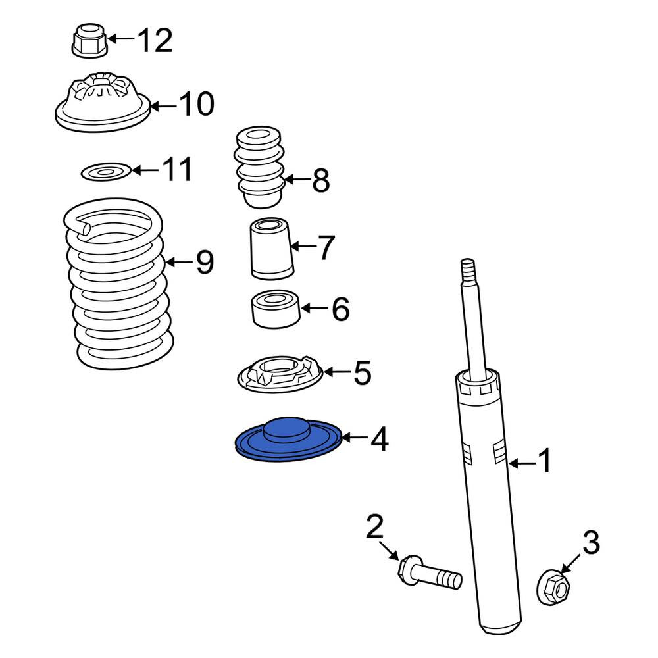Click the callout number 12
pos(155,40)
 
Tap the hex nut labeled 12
pos(89,40)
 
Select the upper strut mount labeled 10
pos(103,102)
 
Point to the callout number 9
pos(205,262)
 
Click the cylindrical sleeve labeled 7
pos(272,249)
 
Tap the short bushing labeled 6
pos(275,309)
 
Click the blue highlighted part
pos(288,440)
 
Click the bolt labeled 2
pos(429,572)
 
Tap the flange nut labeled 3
pos(553,587)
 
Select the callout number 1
pos(544,461)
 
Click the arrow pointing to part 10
pos(164,106)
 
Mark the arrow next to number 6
pos(313,309)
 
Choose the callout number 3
pos(591,542)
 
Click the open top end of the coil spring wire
pos(84,229)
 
